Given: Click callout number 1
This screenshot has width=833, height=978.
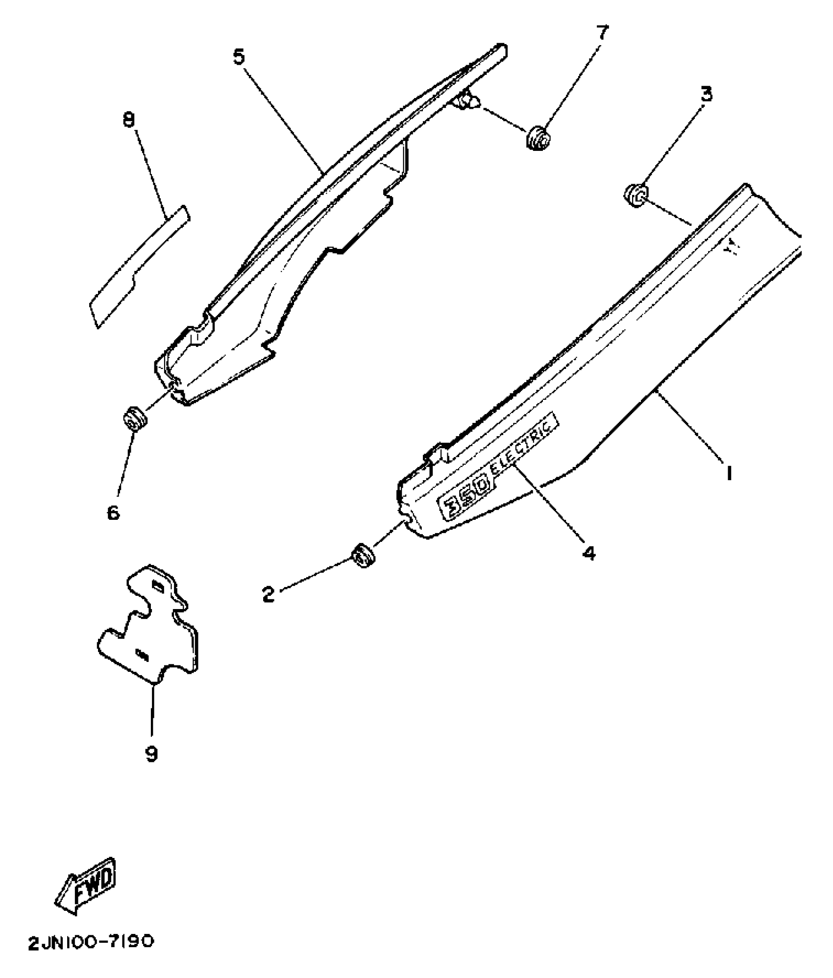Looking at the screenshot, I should pyautogui.click(x=729, y=473).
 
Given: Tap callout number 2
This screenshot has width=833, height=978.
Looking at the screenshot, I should pyautogui.click(x=268, y=595).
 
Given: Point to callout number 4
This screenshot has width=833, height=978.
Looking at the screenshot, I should pyautogui.click(x=588, y=553).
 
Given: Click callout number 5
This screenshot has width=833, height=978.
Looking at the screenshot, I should pyautogui.click(x=239, y=57).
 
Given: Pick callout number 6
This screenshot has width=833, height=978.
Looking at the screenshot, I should pyautogui.click(x=113, y=513).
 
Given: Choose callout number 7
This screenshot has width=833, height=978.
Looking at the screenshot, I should pyautogui.click(x=602, y=33).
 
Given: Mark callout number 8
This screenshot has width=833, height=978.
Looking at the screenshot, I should pyautogui.click(x=129, y=120).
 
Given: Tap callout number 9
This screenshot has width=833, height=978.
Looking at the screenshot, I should pyautogui.click(x=151, y=754).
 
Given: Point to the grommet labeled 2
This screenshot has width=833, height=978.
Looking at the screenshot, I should pyautogui.click(x=363, y=556).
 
